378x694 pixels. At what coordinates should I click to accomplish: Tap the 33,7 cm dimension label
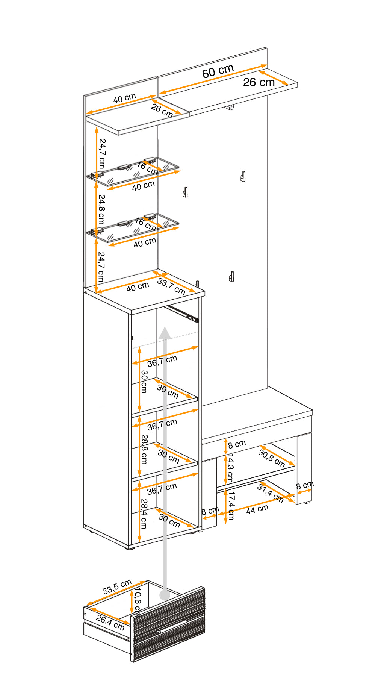[x=171, y=286]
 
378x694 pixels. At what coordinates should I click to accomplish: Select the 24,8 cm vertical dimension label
[x=101, y=209]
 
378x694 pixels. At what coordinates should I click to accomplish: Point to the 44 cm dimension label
[x=257, y=509]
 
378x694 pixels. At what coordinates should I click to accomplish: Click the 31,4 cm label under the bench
[x=270, y=493]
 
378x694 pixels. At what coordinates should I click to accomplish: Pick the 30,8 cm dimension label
[x=271, y=458]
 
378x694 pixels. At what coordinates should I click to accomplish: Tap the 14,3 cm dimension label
[x=230, y=468]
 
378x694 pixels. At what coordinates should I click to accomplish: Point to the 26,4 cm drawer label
[x=110, y=623]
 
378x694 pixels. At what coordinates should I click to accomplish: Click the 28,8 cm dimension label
[x=144, y=449]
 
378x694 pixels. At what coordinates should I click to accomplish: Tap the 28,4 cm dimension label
[x=144, y=514]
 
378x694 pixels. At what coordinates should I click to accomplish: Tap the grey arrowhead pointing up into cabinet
[x=165, y=333]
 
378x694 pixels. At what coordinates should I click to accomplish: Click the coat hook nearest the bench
[x=231, y=277]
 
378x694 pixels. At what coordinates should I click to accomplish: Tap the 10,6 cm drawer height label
[x=137, y=602]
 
